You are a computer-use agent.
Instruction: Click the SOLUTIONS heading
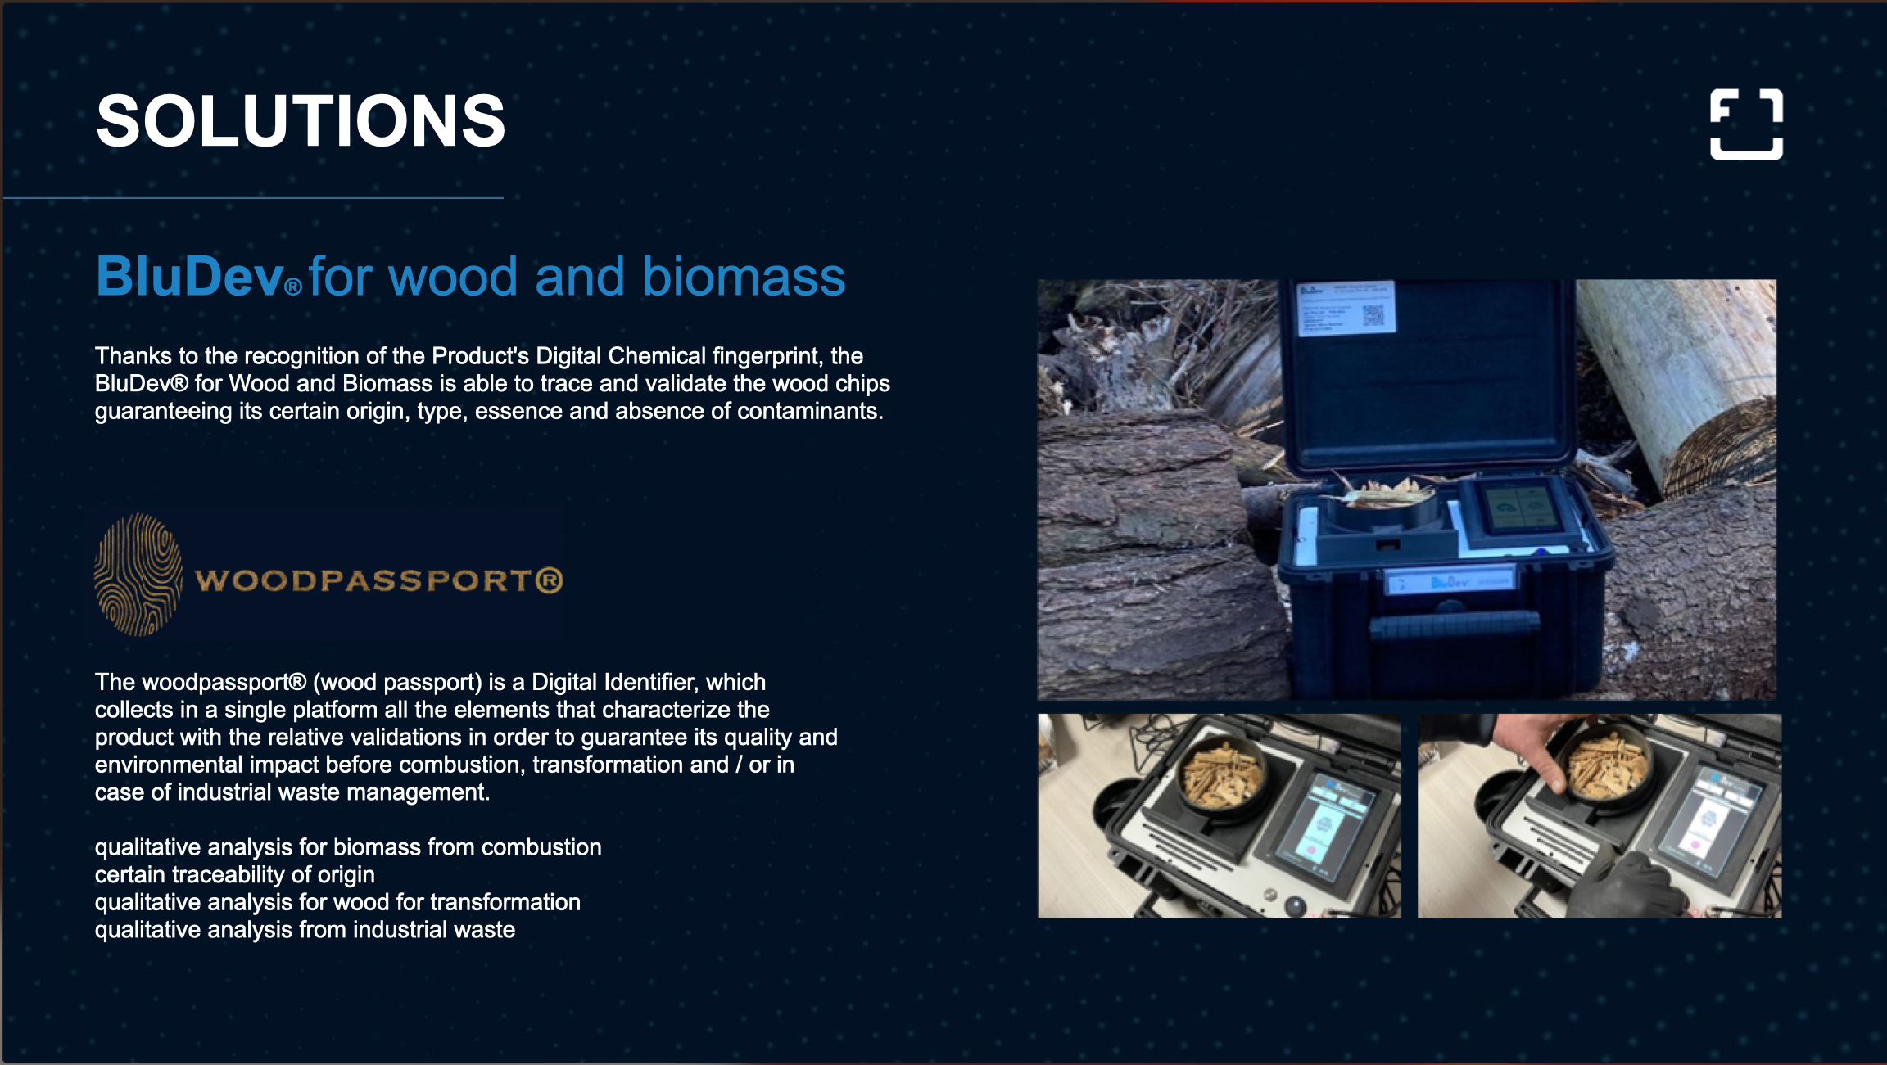(x=301, y=120)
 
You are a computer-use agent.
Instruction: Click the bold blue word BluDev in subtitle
(x=190, y=276)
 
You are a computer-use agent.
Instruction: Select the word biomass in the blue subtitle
(x=744, y=276)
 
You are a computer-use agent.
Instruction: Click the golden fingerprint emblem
(x=138, y=575)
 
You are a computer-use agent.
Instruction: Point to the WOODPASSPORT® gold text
(x=379, y=580)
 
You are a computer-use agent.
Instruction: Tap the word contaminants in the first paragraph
(x=810, y=411)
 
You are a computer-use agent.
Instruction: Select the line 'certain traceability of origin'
(x=235, y=875)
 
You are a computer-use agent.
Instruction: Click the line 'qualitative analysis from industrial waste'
(x=305, y=930)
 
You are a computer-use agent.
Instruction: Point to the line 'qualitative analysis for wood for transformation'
(x=337, y=902)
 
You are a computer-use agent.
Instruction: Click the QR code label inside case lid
(x=1346, y=308)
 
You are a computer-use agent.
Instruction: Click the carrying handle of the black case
(x=1454, y=628)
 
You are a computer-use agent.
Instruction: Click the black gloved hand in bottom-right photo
(x=1626, y=885)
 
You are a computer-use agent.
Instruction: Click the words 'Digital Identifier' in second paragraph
(x=615, y=682)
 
